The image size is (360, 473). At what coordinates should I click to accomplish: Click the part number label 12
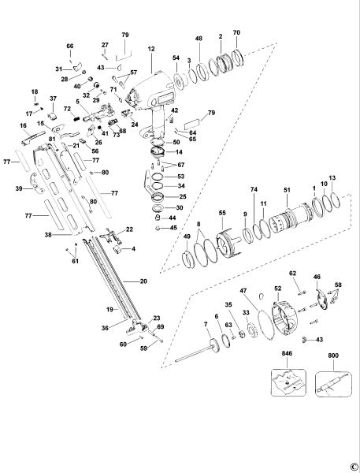[150, 49]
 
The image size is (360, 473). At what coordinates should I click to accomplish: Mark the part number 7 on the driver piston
[206, 324]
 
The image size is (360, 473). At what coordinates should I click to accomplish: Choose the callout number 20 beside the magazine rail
[143, 281]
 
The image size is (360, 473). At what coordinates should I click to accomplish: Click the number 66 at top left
[69, 47]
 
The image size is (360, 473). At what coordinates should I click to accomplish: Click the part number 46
[317, 277]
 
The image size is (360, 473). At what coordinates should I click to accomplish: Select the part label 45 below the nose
[173, 228]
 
